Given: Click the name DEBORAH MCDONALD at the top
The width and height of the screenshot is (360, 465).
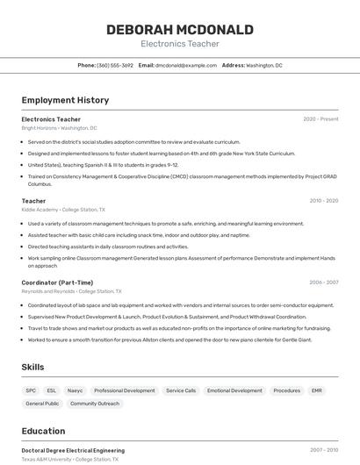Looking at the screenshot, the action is click(x=180, y=29).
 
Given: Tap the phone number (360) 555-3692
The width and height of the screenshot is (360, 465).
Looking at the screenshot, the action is click(x=115, y=65).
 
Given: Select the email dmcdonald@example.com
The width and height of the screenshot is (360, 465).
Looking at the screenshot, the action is click(x=186, y=65).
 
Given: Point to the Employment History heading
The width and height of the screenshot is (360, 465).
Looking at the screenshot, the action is click(x=65, y=100).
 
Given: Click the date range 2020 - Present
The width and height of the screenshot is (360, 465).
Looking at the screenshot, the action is click(x=320, y=119).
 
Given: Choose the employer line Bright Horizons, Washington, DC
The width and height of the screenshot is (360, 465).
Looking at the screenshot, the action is click(x=59, y=128).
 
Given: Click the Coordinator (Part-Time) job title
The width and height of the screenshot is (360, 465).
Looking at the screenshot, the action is click(x=57, y=283).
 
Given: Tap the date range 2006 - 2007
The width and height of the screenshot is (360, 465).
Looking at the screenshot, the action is click(x=323, y=283).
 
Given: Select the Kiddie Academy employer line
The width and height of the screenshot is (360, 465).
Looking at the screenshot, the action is click(x=62, y=210).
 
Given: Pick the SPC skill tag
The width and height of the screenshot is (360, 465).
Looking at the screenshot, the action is click(x=31, y=390).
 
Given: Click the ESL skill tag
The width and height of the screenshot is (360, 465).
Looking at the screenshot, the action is click(x=51, y=390).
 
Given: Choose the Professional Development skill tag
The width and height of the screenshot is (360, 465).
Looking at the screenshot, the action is click(x=124, y=390).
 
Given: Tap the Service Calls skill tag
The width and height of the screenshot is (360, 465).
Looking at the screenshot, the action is click(x=181, y=390).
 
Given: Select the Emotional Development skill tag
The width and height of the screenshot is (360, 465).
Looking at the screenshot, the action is click(x=234, y=390).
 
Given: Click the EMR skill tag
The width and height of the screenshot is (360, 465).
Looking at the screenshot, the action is click(x=316, y=390).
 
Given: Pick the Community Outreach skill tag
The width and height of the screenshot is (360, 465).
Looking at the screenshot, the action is click(x=95, y=404).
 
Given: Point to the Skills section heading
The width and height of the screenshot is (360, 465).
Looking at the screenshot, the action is click(x=32, y=367).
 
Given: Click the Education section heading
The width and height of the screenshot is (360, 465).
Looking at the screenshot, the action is click(x=43, y=431).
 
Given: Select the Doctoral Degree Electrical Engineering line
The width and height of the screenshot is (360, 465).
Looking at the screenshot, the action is click(x=73, y=450).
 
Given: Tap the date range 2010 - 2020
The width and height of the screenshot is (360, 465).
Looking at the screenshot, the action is click(x=323, y=201).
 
